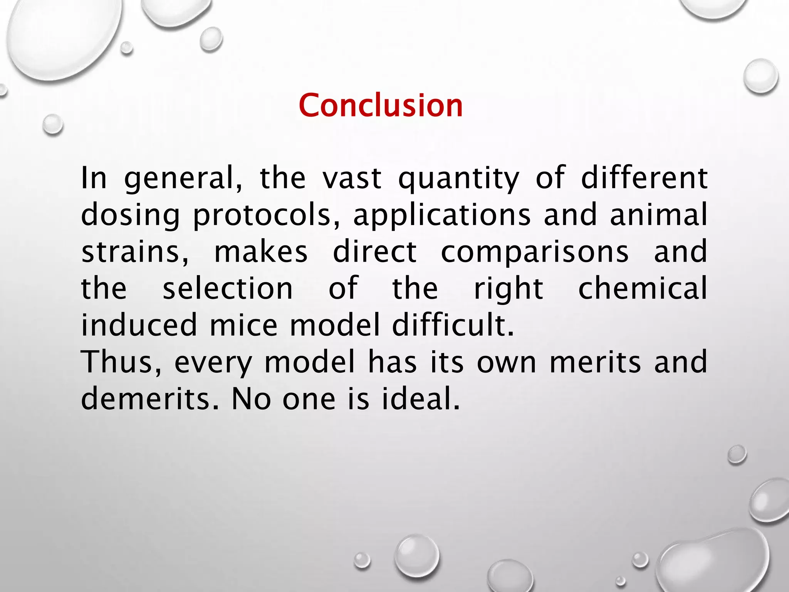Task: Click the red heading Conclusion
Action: (x=381, y=105)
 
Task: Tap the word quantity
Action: (x=458, y=179)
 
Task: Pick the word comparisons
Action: (x=535, y=252)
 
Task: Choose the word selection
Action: (x=228, y=288)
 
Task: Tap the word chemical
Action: (x=643, y=288)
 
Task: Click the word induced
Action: (x=139, y=325)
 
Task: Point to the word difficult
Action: (x=453, y=325)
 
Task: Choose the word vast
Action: (x=352, y=179)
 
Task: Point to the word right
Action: (x=508, y=289)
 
